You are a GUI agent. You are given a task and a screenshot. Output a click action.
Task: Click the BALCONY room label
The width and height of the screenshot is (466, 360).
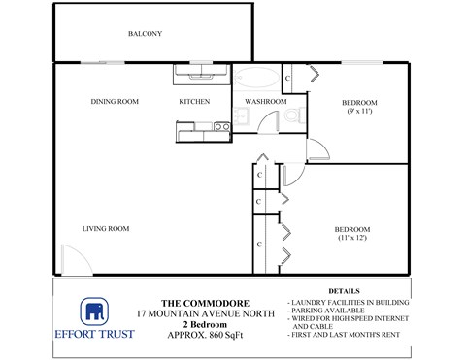click(144, 35)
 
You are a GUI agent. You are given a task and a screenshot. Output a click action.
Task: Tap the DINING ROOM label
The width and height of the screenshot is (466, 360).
click(115, 101)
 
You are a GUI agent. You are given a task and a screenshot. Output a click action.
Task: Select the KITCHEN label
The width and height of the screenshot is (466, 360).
click(194, 101)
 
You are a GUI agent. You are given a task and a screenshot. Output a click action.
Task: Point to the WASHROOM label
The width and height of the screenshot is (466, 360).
click(264, 101)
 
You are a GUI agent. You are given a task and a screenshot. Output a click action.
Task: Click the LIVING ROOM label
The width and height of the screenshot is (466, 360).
click(106, 229)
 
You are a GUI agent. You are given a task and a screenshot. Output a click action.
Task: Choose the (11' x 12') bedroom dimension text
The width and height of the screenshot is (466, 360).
click(353, 239)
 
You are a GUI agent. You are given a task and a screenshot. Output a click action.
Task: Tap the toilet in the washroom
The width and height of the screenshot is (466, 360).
click(292, 120)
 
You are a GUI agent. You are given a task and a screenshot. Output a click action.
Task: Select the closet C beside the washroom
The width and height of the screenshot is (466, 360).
click(288, 77)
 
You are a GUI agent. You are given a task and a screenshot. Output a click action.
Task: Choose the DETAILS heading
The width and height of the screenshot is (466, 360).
click(345, 290)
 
